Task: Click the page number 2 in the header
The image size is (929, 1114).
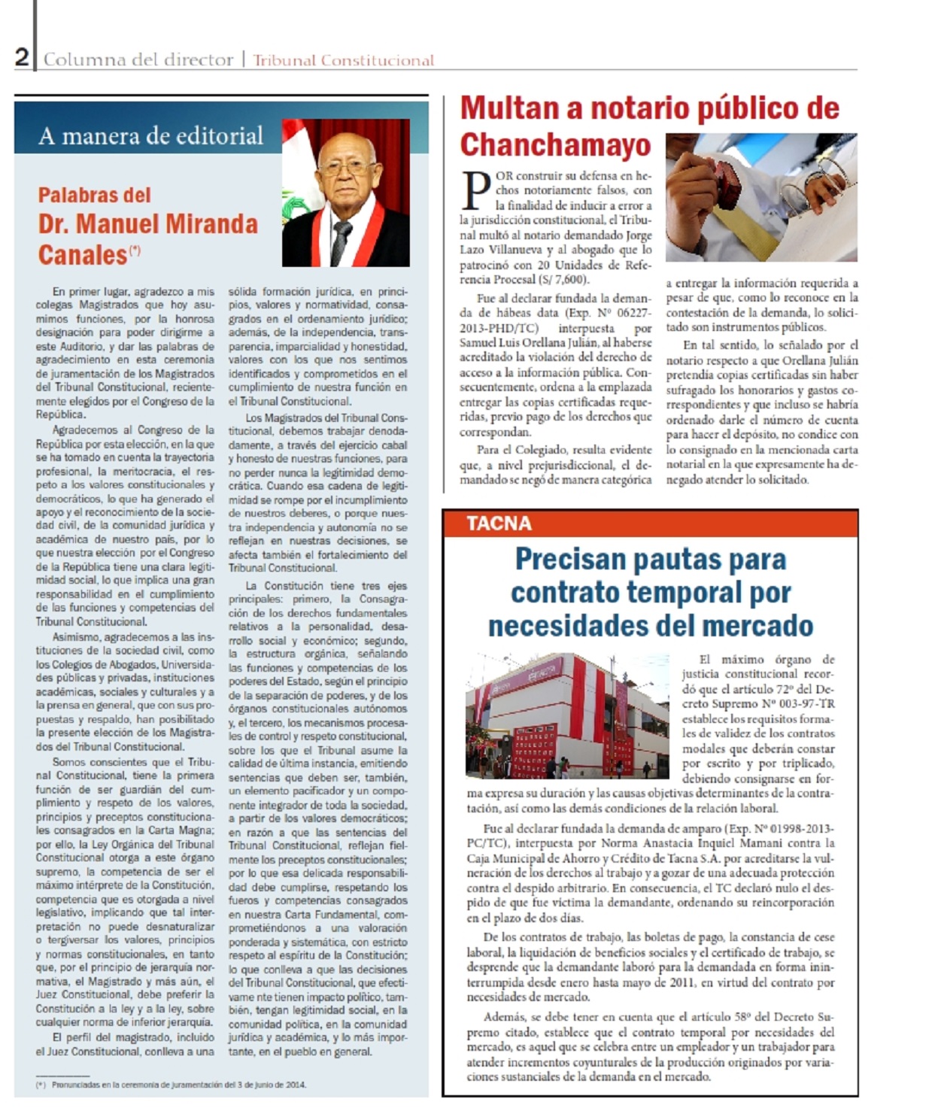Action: [x=23, y=57]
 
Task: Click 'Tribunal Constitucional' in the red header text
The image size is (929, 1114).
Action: [x=343, y=60]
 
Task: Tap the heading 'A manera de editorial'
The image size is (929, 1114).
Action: [x=150, y=135]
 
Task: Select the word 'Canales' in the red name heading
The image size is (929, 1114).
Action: [x=83, y=255]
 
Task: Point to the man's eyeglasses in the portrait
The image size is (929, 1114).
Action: [x=347, y=168]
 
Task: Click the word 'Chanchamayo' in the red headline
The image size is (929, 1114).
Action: [x=555, y=144]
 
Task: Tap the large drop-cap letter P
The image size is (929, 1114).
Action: [x=475, y=191]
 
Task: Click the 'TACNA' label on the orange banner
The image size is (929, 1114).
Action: [x=499, y=524]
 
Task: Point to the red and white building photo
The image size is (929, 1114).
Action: [x=567, y=715]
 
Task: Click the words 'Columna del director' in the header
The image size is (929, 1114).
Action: [x=138, y=59]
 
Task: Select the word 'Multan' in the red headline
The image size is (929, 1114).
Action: [x=509, y=108]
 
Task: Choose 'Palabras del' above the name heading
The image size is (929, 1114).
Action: [x=95, y=196]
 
